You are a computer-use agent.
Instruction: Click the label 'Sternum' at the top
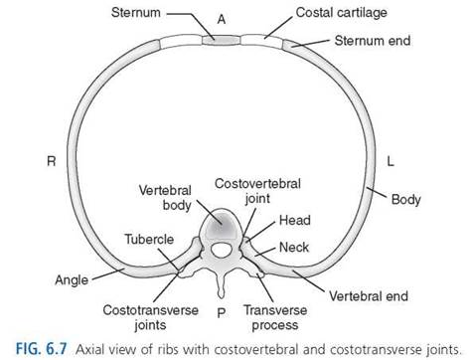136,13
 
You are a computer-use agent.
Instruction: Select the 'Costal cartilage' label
341,13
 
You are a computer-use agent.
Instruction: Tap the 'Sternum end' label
373,41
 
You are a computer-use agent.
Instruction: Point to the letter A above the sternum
222,20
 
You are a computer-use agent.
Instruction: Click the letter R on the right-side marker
52,161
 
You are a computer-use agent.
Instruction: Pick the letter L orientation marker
391,161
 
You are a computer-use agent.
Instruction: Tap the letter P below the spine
222,312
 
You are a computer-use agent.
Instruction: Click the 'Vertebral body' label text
165,198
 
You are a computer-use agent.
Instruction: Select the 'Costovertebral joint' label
257,191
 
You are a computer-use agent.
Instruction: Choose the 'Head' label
295,221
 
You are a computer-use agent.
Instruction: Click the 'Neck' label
294,248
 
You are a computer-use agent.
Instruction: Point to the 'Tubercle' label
149,239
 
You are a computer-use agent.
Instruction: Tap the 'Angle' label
72,280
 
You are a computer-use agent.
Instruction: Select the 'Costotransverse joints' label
150,317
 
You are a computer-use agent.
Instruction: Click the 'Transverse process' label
275,317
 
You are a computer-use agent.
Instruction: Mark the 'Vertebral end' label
369,296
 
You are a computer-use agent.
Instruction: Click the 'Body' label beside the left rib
406,200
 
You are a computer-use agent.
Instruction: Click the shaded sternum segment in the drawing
222,41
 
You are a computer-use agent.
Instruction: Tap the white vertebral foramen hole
221,250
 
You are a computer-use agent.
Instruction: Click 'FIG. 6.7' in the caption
42,349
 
